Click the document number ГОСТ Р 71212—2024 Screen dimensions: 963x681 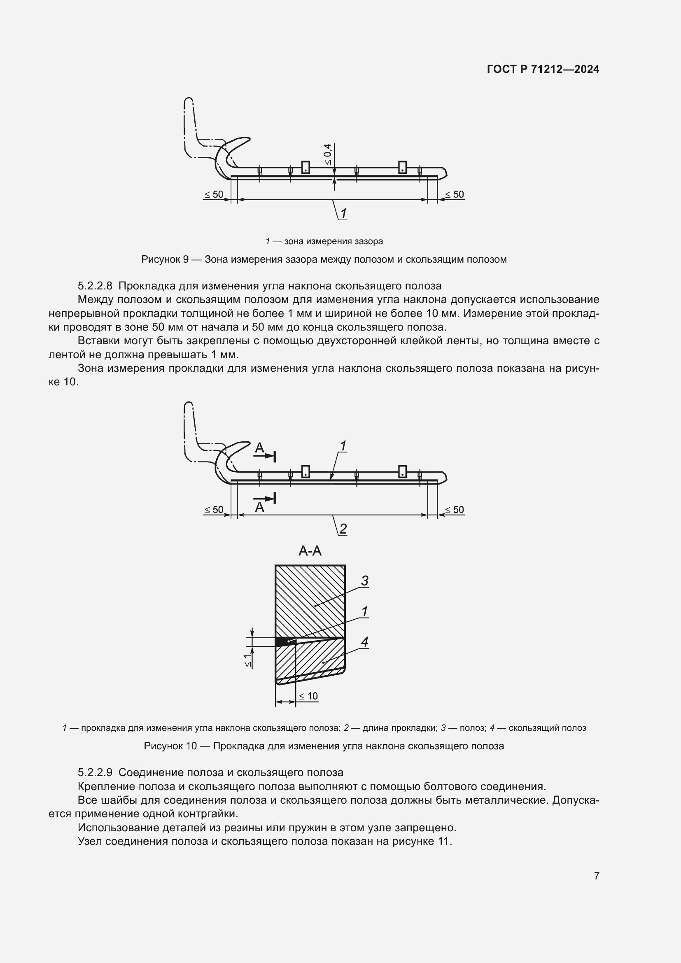coord(543,70)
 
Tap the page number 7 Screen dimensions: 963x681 coord(597,876)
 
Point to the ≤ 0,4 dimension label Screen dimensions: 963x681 coord(327,154)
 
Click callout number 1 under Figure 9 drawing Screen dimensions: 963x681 coord(343,214)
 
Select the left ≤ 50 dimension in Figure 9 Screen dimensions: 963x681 coord(214,195)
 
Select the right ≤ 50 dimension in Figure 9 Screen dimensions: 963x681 coord(455,195)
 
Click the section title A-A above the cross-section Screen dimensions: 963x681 coord(310,551)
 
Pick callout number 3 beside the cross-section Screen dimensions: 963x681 coord(364,581)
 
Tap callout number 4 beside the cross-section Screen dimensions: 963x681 coord(364,642)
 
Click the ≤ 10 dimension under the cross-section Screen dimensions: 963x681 coord(309,696)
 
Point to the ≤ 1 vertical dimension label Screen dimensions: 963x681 coord(248,662)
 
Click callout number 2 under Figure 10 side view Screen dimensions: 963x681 coord(343,529)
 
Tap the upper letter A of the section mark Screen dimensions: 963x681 coord(260,448)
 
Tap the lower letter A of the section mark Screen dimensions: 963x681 coord(259,508)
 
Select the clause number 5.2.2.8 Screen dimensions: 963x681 coord(95,286)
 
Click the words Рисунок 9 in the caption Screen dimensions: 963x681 coord(165,260)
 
